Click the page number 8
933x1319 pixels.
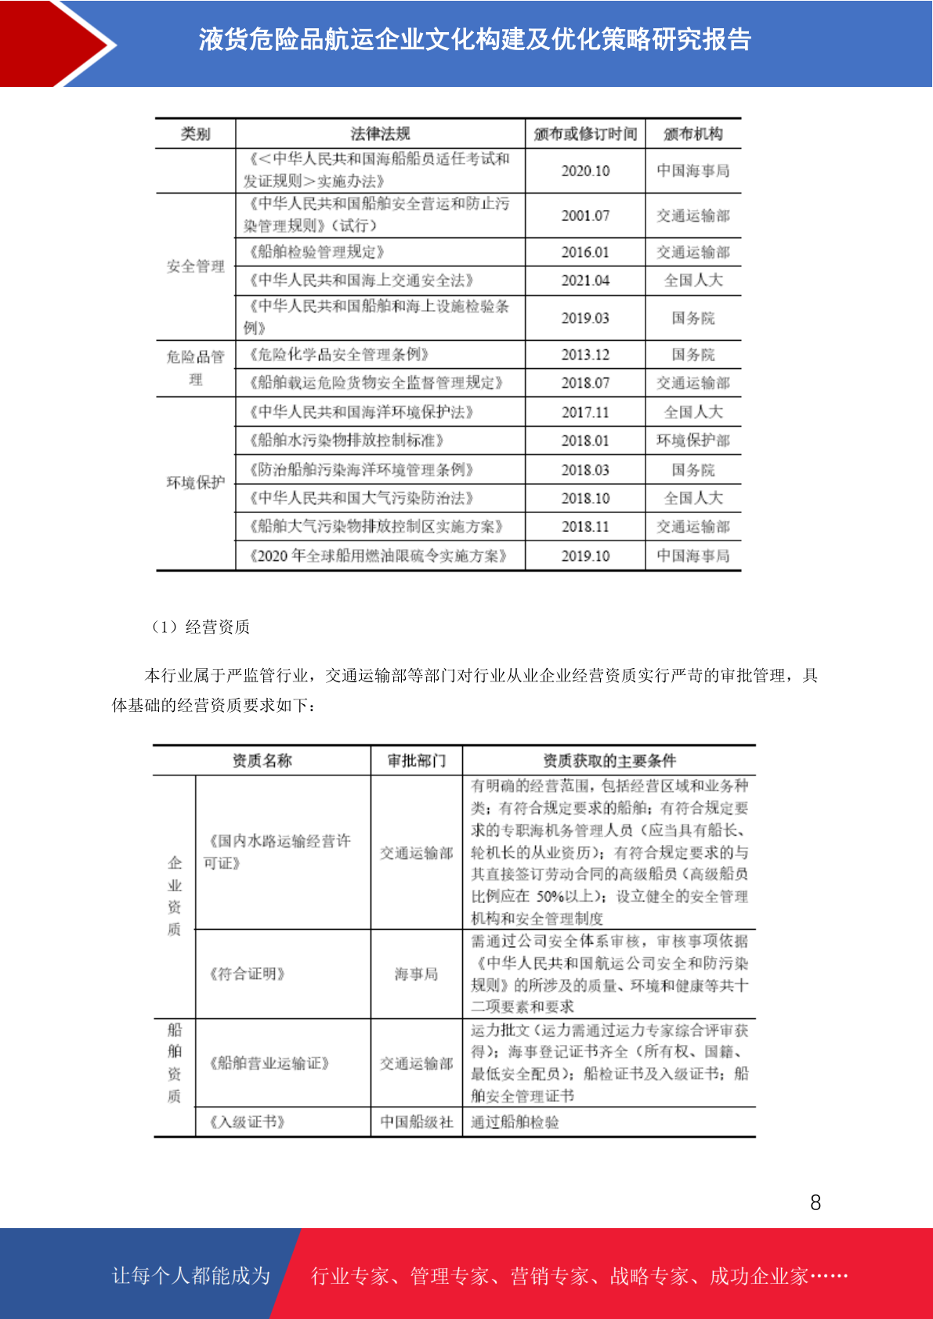click(815, 1202)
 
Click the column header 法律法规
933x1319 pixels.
click(380, 134)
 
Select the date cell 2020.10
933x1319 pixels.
click(585, 171)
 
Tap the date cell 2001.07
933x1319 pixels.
click(585, 215)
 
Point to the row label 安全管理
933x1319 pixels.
click(196, 266)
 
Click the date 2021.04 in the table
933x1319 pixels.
click(585, 280)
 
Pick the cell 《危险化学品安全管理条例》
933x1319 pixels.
click(339, 355)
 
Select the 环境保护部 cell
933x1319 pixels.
click(693, 440)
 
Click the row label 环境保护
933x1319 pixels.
click(196, 482)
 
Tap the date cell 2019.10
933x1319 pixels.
click(585, 555)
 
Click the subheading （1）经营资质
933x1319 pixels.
click(199, 627)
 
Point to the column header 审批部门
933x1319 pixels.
click(416, 761)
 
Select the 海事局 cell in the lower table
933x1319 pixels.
click(416, 974)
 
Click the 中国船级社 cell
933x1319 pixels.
click(416, 1122)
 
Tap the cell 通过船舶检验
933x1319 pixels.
click(515, 1122)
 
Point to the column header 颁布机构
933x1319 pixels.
click(693, 134)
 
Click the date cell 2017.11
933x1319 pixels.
click(585, 412)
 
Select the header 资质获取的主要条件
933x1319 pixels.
click(609, 761)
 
